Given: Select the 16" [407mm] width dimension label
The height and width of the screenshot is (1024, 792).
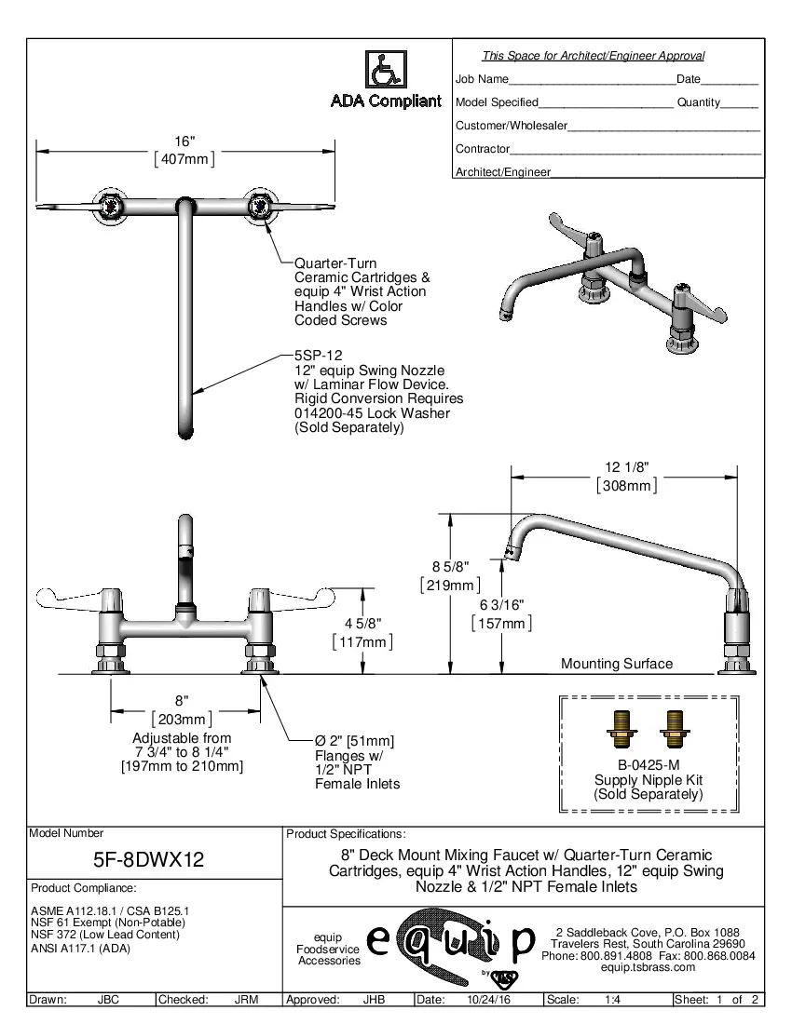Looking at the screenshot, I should (x=185, y=151).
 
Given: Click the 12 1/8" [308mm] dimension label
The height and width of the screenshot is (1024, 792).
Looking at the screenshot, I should (x=626, y=476).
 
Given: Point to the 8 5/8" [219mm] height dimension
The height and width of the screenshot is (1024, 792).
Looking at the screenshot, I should (x=450, y=575).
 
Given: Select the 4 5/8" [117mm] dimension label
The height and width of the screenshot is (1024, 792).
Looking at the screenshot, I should (x=362, y=633).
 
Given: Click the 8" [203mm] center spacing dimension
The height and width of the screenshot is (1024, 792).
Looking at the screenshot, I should (x=182, y=709).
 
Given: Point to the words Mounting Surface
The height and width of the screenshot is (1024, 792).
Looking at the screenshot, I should (x=616, y=664).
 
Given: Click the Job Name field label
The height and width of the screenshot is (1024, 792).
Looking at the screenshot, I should (x=482, y=80).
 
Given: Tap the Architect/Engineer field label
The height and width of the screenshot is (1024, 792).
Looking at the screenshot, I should (x=502, y=172).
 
